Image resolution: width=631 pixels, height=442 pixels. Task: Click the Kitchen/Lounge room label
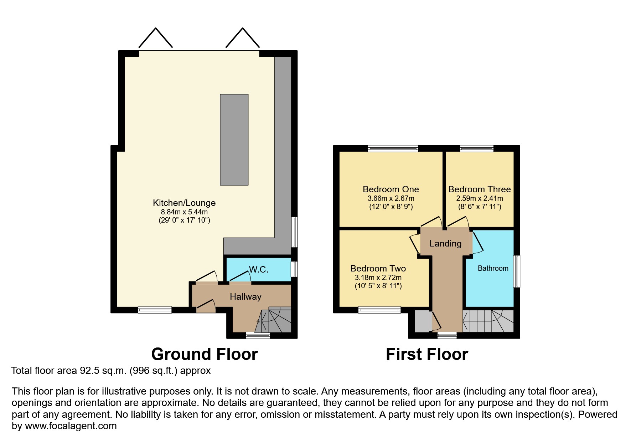184,203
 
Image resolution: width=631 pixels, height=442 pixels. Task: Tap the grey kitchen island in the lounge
234,139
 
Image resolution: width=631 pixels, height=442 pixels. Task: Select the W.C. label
259,269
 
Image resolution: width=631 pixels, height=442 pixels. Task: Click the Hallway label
245,296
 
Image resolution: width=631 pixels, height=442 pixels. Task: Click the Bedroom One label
391,189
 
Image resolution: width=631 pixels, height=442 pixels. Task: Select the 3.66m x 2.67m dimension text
391,198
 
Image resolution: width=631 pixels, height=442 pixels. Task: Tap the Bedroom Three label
479,189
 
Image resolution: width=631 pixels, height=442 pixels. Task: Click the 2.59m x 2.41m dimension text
480,198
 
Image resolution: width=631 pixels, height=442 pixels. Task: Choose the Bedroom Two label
378,269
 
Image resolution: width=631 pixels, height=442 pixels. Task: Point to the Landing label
445,244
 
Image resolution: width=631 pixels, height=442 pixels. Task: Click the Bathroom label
493,268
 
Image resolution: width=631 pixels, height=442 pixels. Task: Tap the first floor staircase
488,321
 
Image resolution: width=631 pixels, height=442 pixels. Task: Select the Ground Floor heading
205,354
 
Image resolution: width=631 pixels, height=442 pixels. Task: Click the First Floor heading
427,354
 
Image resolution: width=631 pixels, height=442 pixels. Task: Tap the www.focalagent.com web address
71,426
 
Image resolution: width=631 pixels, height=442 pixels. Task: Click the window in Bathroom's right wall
516,271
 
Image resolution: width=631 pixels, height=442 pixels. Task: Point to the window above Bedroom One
393,148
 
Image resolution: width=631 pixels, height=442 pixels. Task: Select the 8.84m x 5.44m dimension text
184,212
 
